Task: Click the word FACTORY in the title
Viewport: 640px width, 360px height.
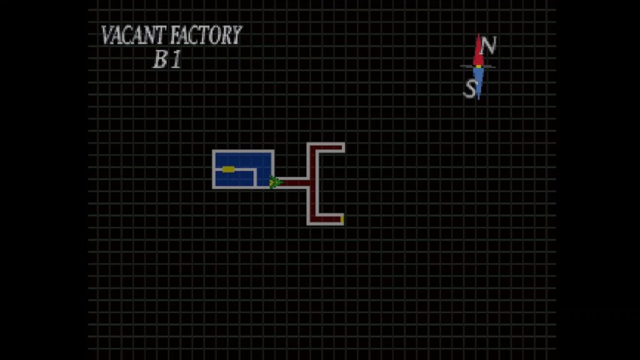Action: click(206, 35)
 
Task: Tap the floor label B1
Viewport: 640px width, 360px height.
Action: click(167, 59)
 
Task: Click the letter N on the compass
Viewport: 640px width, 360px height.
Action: click(487, 45)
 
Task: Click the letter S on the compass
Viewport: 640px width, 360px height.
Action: click(470, 89)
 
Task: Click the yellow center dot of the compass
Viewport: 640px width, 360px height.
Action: click(478, 66)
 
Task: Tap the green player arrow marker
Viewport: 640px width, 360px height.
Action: click(276, 182)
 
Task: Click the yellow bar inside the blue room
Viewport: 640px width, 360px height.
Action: click(229, 169)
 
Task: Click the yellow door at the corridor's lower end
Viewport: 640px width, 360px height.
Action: click(342, 219)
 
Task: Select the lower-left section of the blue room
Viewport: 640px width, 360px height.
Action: click(234, 178)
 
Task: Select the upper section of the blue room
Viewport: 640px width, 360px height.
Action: click(243, 159)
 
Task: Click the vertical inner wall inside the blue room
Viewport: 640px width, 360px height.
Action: click(255, 177)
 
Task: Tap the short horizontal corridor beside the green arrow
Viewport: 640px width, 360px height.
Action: click(295, 182)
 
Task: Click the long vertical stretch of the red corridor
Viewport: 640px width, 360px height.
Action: click(313, 184)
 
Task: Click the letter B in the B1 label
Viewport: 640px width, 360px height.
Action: click(161, 59)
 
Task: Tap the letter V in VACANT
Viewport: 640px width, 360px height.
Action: click(107, 35)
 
